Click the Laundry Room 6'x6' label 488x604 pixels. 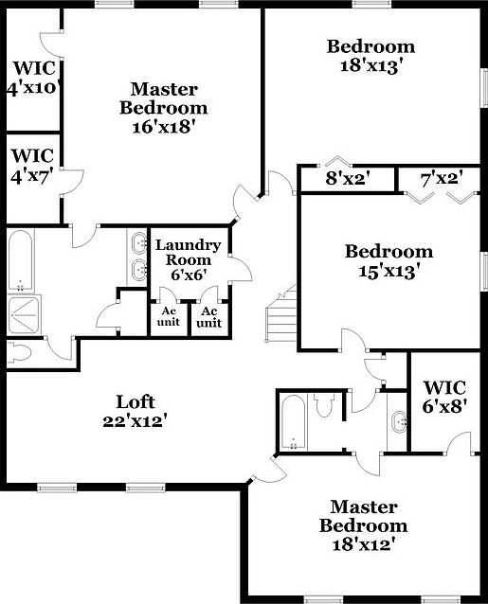pos(188,259)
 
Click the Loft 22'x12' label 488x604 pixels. pos(135,410)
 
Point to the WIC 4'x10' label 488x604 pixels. pos(33,79)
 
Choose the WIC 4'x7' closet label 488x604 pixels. pos(33,164)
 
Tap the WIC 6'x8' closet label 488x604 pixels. pos(444,397)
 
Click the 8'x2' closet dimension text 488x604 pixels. pos(347,177)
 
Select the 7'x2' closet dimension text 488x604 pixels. pos(441,177)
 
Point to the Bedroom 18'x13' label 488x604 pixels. pos(371,55)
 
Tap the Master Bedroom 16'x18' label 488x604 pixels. pos(163,108)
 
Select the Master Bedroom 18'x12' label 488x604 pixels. pos(363,525)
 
